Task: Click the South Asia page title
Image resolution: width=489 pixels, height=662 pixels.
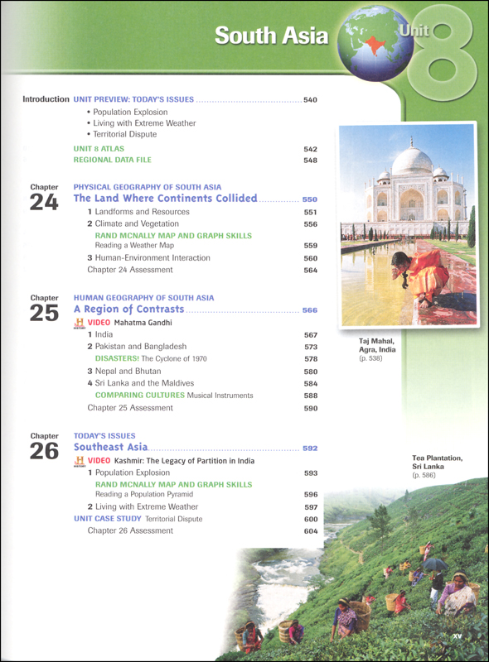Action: point(271,36)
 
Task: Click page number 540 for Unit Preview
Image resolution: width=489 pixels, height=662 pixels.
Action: point(311,100)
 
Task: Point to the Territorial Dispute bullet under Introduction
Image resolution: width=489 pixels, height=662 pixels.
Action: point(124,133)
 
